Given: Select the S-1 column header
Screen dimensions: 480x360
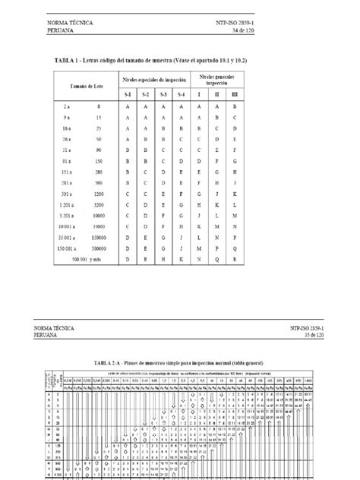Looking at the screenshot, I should [x=128, y=93].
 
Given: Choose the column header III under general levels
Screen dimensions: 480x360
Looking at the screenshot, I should [x=235, y=93].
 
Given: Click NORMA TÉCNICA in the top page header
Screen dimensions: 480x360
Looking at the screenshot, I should [x=70, y=23].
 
